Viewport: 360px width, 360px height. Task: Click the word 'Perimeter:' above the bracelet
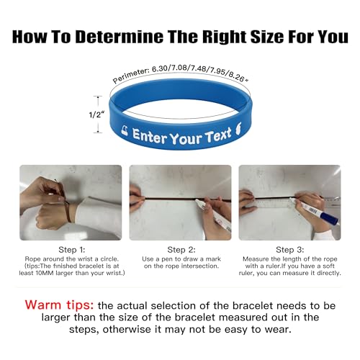pos(130,76)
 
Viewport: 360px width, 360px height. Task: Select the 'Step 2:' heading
pos(180,250)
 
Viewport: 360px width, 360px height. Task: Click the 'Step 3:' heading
pos(289,250)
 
